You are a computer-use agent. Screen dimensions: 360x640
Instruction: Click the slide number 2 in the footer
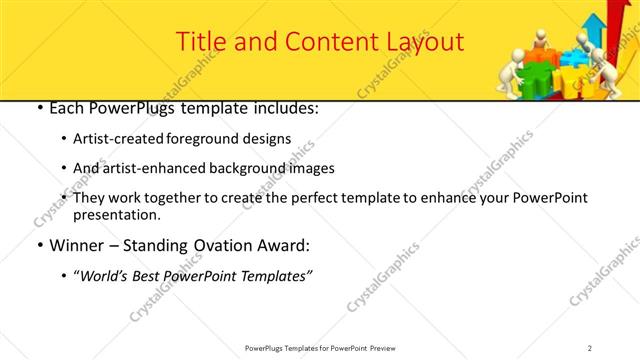pos(590,348)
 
